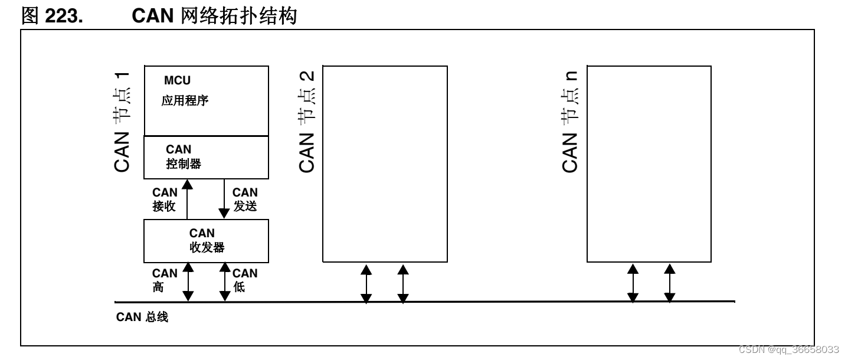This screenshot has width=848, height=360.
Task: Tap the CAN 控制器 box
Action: (x=206, y=157)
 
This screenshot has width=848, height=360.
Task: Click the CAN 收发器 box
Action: (x=206, y=241)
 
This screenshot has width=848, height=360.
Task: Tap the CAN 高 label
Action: (x=164, y=280)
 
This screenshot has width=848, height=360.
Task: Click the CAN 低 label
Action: (x=245, y=280)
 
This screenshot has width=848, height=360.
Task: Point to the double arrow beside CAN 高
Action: (x=188, y=282)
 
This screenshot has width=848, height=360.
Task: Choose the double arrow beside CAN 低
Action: (x=224, y=282)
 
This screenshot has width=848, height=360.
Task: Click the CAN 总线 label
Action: (x=142, y=318)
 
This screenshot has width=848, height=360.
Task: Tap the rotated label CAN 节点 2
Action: (x=307, y=122)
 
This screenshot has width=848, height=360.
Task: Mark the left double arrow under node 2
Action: (x=366, y=284)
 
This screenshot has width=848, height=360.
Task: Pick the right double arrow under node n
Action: (x=670, y=284)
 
